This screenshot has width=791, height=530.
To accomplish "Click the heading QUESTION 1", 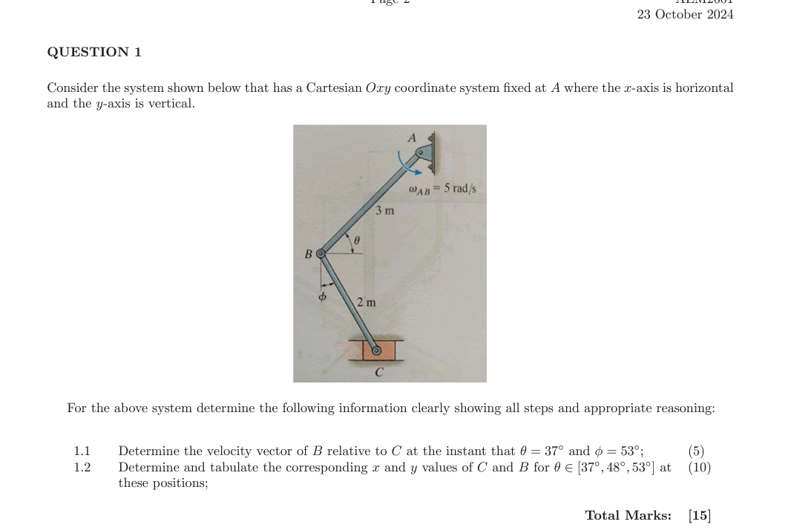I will [x=94, y=52].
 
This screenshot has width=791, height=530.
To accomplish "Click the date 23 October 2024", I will [x=685, y=15].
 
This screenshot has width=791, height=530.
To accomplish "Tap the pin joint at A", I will [x=421, y=153].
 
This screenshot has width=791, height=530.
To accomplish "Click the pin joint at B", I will [x=321, y=254].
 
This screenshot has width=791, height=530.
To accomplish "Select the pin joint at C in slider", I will [x=376, y=351].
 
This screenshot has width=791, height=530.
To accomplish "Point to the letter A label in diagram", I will [x=413, y=137].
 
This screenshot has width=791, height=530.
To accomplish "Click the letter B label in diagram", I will [x=308, y=254].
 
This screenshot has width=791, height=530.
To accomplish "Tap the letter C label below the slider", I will [x=378, y=371].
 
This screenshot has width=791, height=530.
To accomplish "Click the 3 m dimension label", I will [x=384, y=211].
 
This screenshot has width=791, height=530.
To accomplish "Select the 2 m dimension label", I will [x=366, y=302].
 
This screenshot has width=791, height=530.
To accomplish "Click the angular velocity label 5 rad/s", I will [x=442, y=189].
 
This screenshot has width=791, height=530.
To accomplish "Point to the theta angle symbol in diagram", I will [x=356, y=240].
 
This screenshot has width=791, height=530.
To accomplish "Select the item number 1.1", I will [x=82, y=451].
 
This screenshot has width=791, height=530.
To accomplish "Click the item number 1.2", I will [x=82, y=467].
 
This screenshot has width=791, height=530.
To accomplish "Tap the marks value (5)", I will [x=696, y=451].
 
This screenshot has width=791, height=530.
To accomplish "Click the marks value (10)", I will [x=699, y=467].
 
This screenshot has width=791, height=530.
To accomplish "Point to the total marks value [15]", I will [x=699, y=515].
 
